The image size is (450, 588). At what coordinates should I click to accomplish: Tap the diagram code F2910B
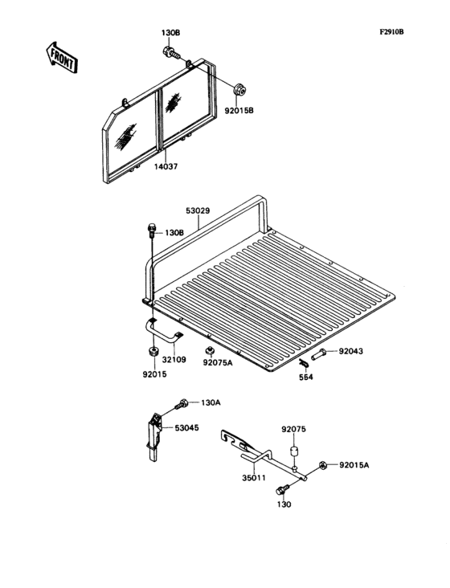tap(392, 33)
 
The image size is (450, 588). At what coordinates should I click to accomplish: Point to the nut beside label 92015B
tap(239, 88)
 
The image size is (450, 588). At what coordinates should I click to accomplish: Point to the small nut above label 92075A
tap(208, 351)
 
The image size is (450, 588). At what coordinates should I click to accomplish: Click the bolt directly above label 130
tap(281, 489)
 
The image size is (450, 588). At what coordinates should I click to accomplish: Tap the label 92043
tap(350, 352)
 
